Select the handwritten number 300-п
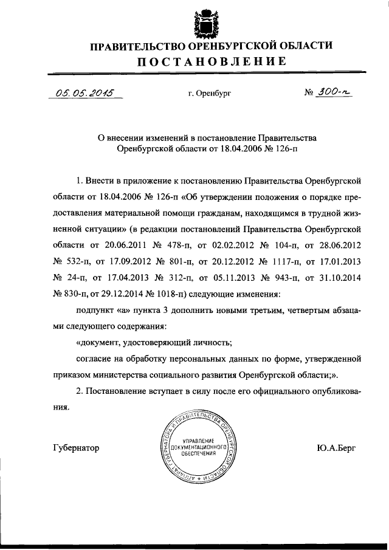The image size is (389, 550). coord(333,93)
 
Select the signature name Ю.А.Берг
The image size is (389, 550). coord(337,449)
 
